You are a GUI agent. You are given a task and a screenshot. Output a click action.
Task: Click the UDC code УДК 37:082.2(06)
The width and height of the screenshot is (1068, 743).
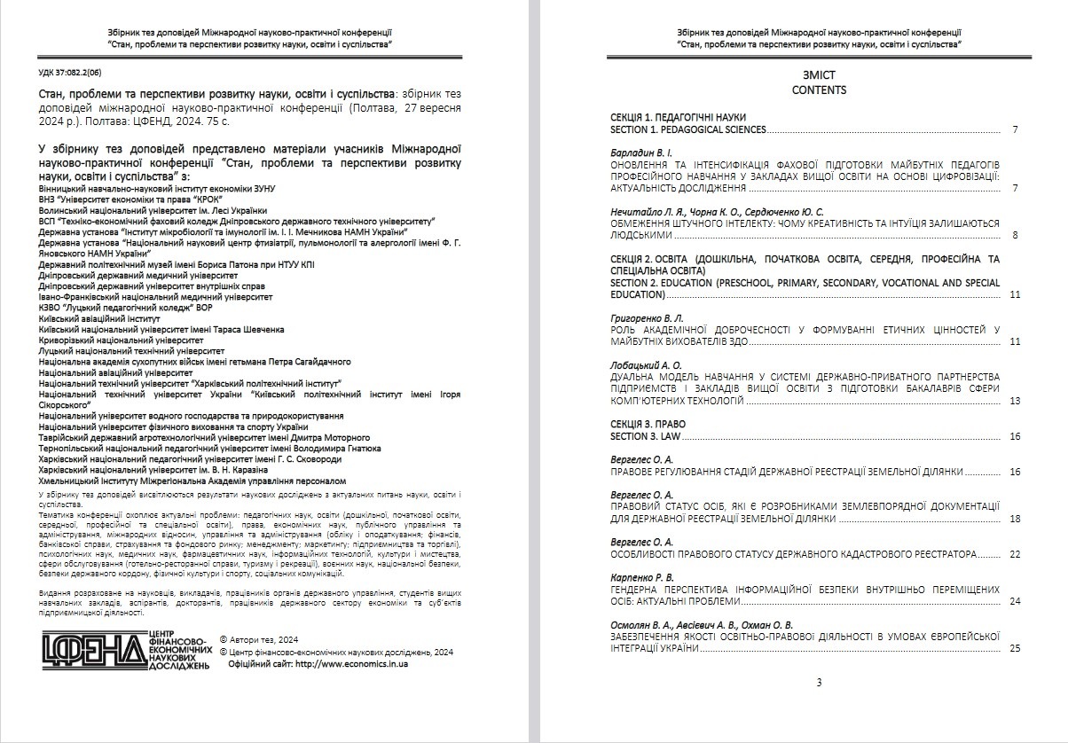(71, 74)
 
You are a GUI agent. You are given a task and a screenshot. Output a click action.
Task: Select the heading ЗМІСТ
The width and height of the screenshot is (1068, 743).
(819, 75)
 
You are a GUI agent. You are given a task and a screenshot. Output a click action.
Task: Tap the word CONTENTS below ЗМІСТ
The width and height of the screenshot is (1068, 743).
(819, 90)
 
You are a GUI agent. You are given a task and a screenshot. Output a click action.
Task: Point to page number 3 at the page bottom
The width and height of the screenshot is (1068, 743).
(819, 682)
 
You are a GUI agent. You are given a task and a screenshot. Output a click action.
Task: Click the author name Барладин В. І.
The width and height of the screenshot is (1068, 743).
(642, 153)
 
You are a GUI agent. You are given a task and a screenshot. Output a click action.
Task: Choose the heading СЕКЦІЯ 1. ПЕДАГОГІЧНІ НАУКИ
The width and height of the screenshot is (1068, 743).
(679, 117)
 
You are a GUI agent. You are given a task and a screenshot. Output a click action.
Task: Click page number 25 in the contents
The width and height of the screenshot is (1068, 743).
(1015, 648)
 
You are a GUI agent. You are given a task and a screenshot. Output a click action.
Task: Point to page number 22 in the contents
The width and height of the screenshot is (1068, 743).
(1015, 554)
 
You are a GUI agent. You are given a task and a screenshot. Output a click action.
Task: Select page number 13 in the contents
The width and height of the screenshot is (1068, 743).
(1015, 402)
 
